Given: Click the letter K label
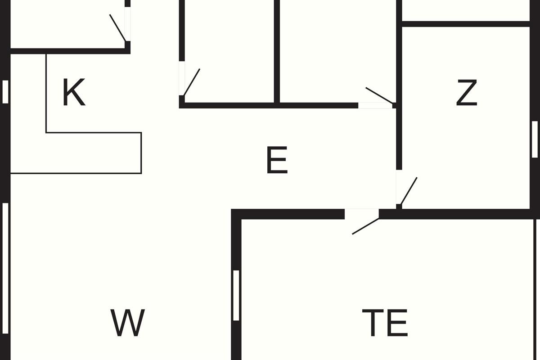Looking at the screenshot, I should [x=74, y=93].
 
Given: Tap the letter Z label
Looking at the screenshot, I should [x=466, y=93].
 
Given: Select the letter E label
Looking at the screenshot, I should [x=277, y=161].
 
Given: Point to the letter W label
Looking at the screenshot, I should [x=127, y=323].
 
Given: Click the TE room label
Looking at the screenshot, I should [x=385, y=323].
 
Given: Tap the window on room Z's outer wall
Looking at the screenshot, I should [x=535, y=139].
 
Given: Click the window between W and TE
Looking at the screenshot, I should [x=236, y=295].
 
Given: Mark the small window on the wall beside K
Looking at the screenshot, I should [x=5, y=92].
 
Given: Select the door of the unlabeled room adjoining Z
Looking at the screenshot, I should [x=378, y=99].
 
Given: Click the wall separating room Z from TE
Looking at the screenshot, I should [x=463, y=214].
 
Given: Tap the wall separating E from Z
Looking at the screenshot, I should [x=399, y=135].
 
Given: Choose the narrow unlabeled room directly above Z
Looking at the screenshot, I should [x=466, y=10].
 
